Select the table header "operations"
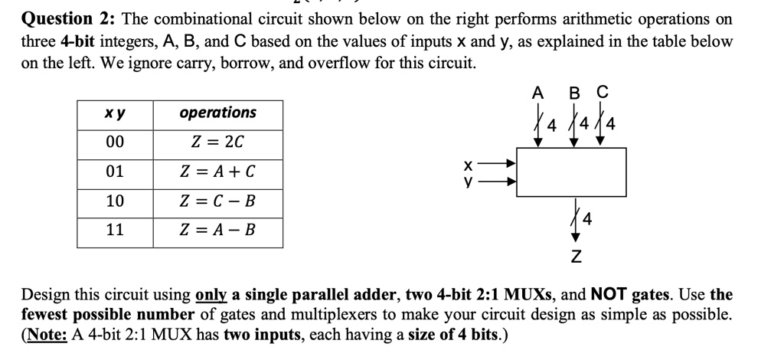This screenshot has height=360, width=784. point(217,113)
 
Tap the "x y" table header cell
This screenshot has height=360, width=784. point(115,113)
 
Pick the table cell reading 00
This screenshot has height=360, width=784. point(115,142)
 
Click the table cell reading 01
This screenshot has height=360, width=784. point(115,172)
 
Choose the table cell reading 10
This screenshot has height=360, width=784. point(115,201)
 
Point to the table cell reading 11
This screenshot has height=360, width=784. point(115,230)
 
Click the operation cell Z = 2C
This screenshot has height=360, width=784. point(217,142)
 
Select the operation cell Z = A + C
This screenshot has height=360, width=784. point(217,172)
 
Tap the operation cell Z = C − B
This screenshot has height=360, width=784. point(217,201)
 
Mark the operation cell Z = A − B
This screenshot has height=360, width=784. point(217,230)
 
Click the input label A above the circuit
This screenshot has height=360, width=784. point(538,93)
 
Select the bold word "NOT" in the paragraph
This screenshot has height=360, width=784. point(609,294)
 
